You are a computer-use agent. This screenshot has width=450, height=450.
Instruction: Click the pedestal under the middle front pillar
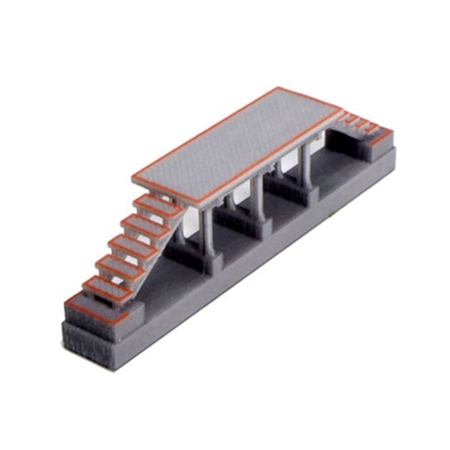(x=262, y=227)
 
